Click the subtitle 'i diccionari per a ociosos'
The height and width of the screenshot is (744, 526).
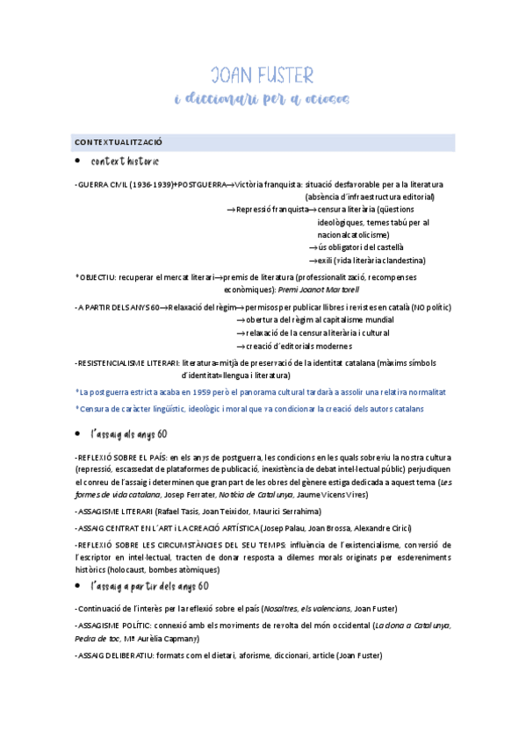(263, 98)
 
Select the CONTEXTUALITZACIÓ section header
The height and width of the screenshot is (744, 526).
(119, 142)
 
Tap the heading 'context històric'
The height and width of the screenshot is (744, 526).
(126, 162)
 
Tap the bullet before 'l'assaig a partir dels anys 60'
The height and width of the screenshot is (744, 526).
(78, 585)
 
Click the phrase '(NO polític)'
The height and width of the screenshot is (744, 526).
(429, 308)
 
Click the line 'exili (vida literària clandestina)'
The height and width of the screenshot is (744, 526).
(371, 261)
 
